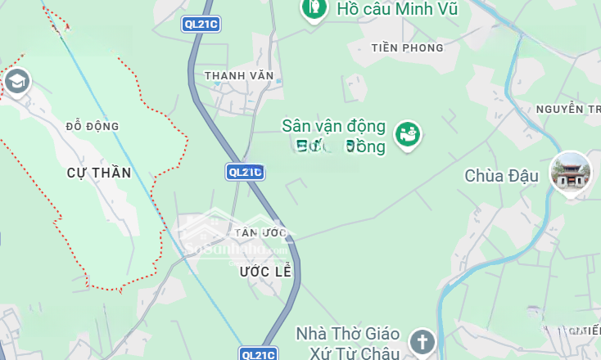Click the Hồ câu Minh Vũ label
[396, 10]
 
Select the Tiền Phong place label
[407, 47]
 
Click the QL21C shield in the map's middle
[245, 172]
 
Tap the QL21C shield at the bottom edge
[259, 353]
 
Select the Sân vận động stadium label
[333, 136]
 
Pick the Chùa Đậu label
[501, 176]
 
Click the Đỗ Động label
[93, 126]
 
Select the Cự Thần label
[99, 173]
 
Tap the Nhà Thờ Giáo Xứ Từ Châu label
[347, 344]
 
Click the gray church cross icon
[422, 340]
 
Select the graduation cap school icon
[16, 81]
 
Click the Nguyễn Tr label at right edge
[568, 109]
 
